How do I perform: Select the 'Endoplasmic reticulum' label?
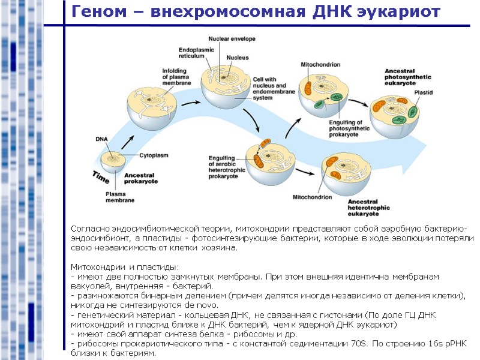point(192,52)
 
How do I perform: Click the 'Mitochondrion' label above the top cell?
point(320,64)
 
